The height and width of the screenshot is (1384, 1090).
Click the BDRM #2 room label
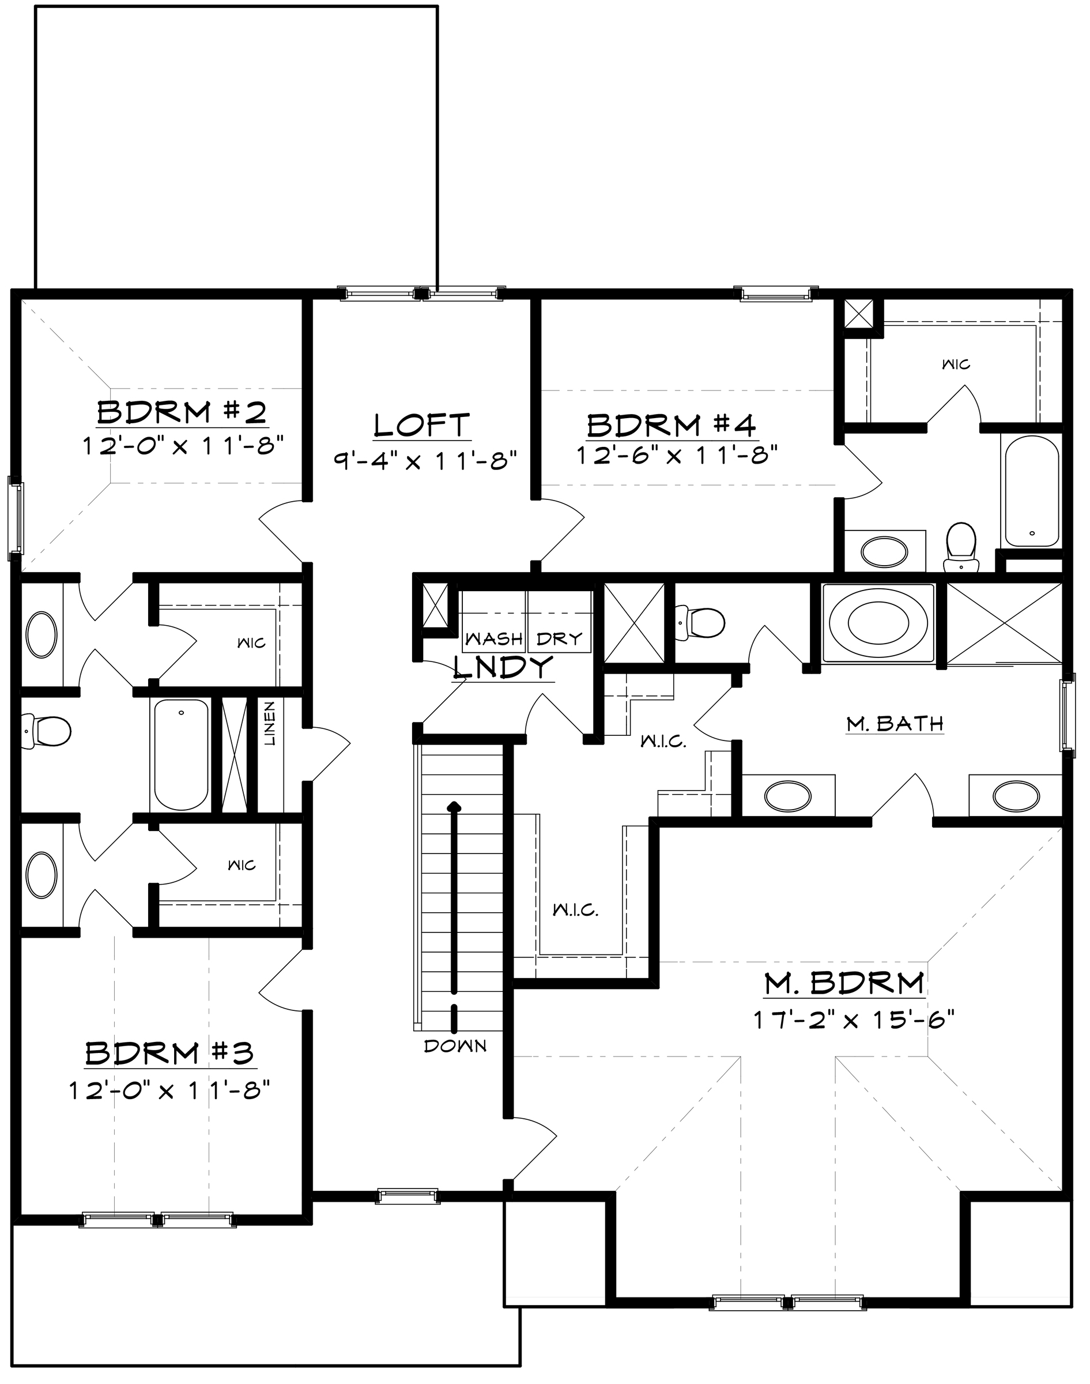(x=182, y=412)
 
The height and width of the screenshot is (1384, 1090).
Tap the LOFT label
(x=422, y=425)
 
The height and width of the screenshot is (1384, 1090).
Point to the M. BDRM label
(x=844, y=984)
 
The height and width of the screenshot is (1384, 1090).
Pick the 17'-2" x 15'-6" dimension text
(x=853, y=1020)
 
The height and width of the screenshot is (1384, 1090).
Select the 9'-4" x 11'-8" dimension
(x=424, y=460)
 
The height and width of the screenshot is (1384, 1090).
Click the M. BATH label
(x=895, y=724)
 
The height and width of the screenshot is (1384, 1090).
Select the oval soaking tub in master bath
(x=877, y=622)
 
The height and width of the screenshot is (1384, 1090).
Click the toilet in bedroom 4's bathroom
(x=961, y=547)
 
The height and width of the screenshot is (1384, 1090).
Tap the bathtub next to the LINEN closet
(x=181, y=754)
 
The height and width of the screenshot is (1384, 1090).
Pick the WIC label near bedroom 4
(x=956, y=364)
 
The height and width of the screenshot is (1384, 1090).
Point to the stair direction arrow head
(x=454, y=807)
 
